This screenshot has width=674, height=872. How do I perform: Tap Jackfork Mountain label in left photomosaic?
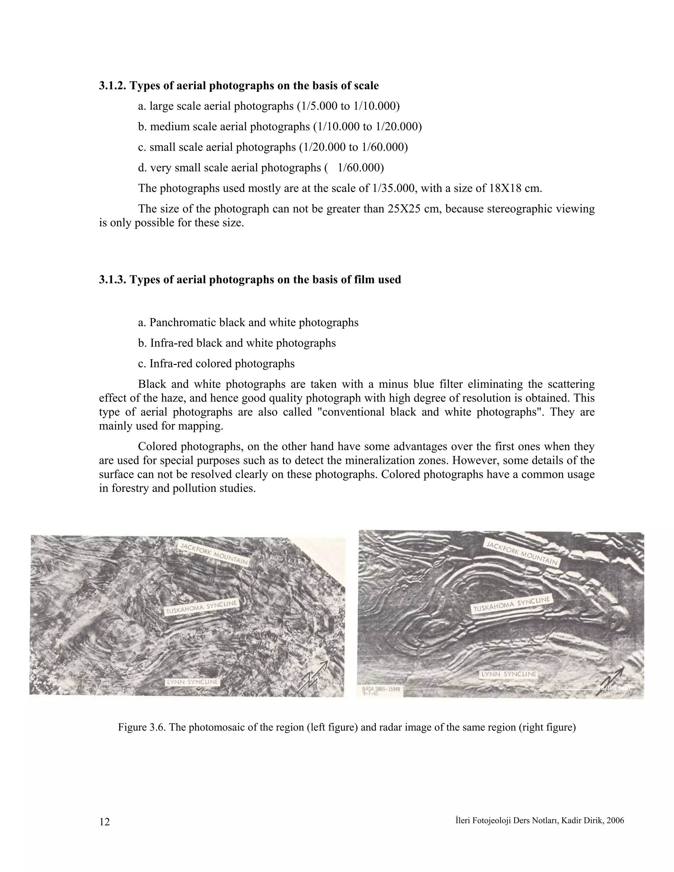[213, 554]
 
